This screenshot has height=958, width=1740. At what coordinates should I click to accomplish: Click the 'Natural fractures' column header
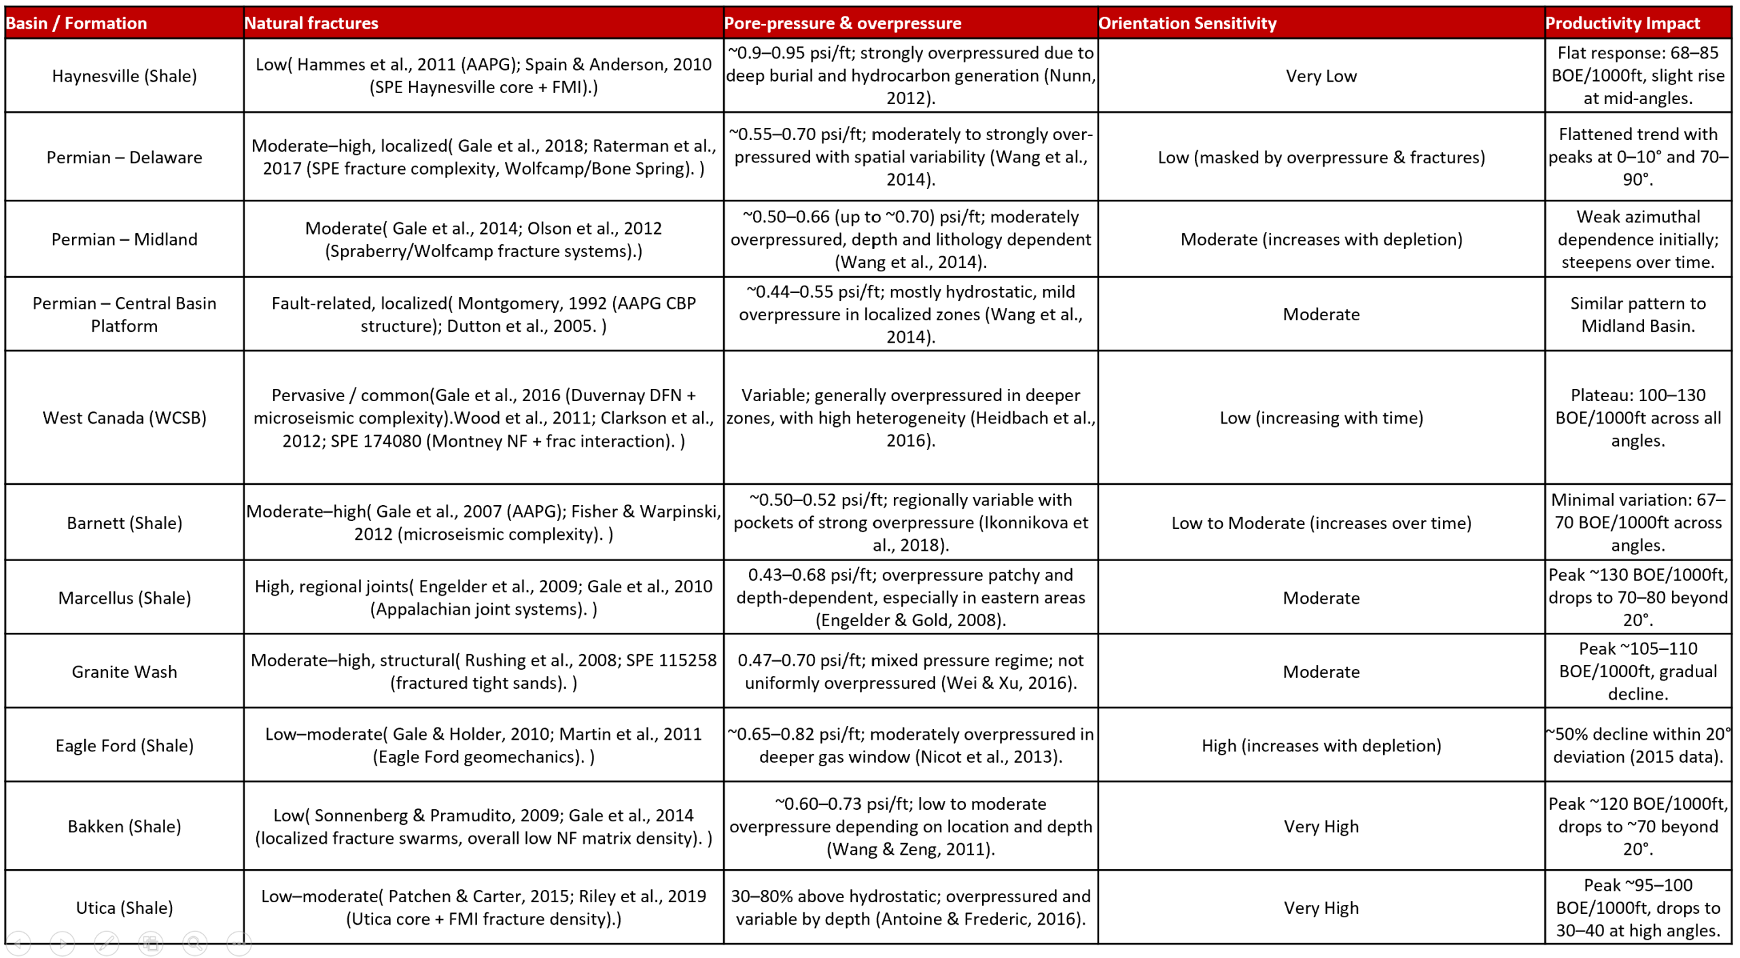tap(311, 23)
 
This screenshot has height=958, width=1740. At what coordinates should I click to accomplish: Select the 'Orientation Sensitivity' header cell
tap(1187, 23)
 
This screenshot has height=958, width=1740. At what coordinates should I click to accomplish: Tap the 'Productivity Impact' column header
tap(1622, 23)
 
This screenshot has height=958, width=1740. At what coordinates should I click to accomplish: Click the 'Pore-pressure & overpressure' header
tap(842, 23)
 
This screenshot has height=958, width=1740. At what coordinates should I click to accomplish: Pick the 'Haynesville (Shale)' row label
tap(124, 75)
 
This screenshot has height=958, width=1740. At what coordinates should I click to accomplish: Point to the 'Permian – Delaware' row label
tap(124, 157)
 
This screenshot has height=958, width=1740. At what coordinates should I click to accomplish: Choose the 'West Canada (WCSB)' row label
tap(124, 417)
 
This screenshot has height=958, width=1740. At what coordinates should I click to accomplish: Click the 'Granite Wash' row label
tap(124, 671)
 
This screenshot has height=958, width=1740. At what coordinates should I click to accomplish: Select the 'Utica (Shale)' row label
tap(124, 907)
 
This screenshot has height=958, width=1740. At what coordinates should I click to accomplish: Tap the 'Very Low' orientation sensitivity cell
tap(1321, 75)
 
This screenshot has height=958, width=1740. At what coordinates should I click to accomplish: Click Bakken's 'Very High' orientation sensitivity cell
tap(1321, 826)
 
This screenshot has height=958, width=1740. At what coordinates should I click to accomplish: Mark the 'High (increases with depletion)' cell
tap(1321, 745)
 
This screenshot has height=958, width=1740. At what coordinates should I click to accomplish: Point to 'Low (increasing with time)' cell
tap(1321, 417)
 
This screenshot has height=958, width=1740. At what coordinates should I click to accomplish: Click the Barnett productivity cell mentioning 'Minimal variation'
tap(1637, 522)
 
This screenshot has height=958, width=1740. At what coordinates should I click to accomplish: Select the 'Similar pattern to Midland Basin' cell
tap(1637, 314)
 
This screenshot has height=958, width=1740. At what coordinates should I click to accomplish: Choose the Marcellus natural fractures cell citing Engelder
tap(483, 597)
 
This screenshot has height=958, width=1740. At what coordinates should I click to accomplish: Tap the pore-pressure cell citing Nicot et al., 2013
tap(910, 745)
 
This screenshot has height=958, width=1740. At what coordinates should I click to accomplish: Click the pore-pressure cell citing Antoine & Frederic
tap(910, 907)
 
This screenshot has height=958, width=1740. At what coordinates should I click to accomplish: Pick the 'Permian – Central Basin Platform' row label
tap(124, 314)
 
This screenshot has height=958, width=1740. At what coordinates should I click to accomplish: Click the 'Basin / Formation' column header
tap(76, 23)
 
